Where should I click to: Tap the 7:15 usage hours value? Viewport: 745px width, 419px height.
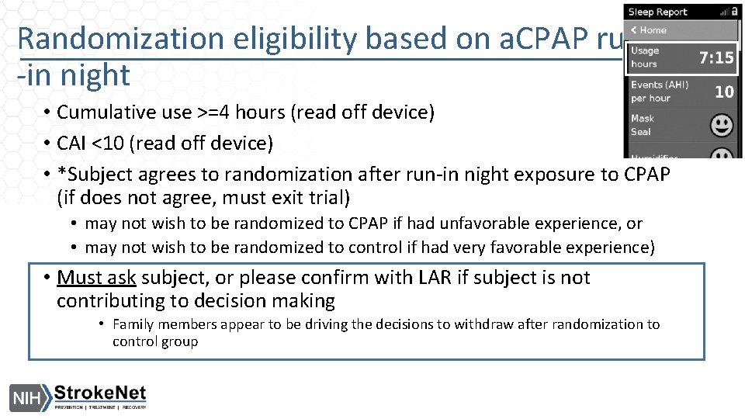tap(716, 57)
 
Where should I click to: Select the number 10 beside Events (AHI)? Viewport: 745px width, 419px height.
tap(723, 92)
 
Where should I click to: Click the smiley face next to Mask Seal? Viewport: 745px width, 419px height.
tap(722, 125)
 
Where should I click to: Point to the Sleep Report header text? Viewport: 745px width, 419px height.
tap(657, 12)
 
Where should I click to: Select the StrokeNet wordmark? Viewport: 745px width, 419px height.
tap(100, 393)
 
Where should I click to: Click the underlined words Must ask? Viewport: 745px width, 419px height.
tap(96, 278)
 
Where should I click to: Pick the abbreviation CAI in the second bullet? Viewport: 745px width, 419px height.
tap(74, 144)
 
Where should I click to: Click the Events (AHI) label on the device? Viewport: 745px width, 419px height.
tap(659, 91)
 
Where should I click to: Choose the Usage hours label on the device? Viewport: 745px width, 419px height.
tap(644, 57)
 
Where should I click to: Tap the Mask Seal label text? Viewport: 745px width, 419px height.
tap(642, 125)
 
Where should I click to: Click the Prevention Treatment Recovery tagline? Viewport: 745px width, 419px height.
tap(100, 407)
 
